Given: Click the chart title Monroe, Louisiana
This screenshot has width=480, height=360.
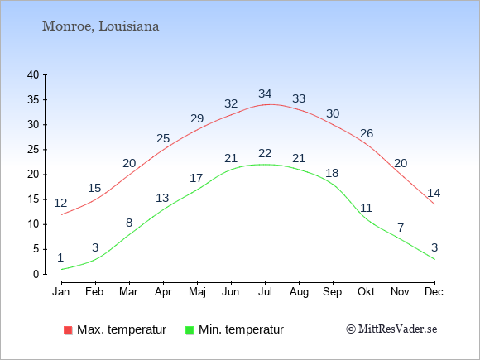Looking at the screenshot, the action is point(100,26).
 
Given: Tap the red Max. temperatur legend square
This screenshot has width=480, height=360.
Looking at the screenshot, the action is point(68,330).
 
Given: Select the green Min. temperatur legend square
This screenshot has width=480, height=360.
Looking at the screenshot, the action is point(190,330).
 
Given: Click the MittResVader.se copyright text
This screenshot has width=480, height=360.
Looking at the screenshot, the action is point(391,329).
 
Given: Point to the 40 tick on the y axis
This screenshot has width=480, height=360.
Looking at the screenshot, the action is point(33,74).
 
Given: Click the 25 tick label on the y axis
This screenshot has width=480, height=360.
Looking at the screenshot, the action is point(33,150).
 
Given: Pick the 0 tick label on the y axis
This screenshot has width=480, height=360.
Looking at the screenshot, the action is point(36,274).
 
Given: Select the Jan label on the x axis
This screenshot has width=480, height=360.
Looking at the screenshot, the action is point(61,292).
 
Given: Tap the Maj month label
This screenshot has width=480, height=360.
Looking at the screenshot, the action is point(197,292).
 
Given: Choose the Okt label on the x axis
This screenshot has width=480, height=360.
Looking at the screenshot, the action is point(367,292).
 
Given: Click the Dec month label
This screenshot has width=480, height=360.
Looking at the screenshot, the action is point(434,292).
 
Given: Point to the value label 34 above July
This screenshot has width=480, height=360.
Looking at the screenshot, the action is point(265,94).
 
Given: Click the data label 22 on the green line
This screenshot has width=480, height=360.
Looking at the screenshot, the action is point(265,153).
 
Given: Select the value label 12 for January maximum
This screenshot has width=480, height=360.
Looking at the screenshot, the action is point(60,203).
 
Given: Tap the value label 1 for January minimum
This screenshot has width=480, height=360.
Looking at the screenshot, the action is point(60,257).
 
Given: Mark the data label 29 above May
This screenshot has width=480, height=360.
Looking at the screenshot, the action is point(197,118).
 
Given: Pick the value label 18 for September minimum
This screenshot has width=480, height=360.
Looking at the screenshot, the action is point(332,173).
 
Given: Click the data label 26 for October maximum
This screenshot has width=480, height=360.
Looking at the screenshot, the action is point(367,133).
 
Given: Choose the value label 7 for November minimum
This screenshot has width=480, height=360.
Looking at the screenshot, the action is point(401,228).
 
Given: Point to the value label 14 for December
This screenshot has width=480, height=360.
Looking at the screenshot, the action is point(434,193).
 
